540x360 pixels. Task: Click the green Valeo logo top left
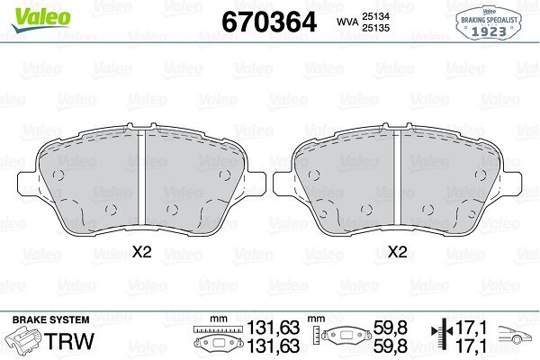click(41, 19)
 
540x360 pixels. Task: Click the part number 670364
click(269, 22)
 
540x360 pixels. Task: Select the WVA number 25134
click(375, 16)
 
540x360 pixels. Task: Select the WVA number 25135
click(375, 28)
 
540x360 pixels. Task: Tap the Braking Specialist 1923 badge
click(489, 23)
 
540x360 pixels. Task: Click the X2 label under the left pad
click(142, 252)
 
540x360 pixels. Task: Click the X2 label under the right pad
click(398, 252)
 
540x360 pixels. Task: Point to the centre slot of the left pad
click(141, 177)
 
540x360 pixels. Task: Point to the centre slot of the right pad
click(398, 177)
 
